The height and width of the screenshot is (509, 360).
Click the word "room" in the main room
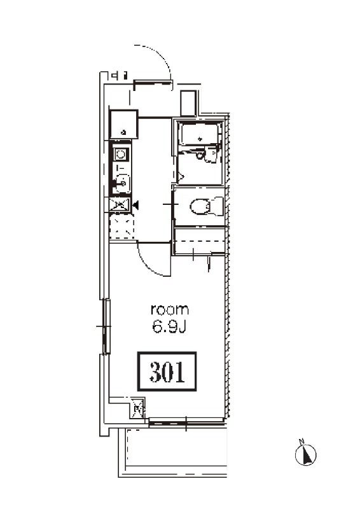coord(170,310)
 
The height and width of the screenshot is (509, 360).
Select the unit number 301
coord(167,372)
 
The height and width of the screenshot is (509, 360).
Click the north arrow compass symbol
coord(305,454)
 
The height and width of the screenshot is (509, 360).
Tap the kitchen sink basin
coord(121,184)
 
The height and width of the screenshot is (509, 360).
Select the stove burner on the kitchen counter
coord(121,154)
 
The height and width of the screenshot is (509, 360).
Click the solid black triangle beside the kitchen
coord(136,205)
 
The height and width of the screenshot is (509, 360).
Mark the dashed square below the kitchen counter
coord(121,227)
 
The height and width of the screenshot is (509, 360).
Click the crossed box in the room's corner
coord(137,408)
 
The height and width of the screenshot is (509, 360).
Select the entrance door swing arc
coord(159,55)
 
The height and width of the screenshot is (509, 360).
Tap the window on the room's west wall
coord(106,326)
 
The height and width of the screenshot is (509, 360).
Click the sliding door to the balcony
coord(186,422)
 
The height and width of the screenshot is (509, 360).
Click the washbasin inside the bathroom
coord(210,154)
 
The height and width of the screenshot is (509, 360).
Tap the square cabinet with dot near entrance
coord(123,125)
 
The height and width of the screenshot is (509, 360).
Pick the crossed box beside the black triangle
coord(119,205)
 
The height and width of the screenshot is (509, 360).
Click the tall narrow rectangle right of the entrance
coord(189,103)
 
